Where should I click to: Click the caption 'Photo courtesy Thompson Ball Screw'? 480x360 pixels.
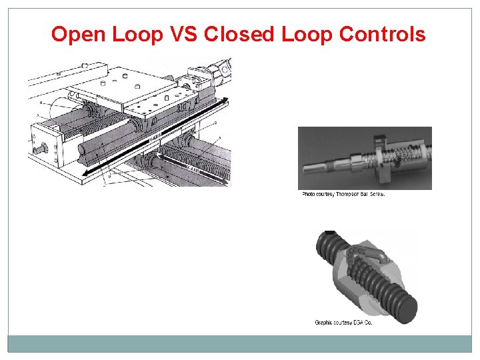pyautogui.click(x=343, y=195)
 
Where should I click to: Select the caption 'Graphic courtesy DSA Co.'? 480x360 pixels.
pyautogui.click(x=343, y=323)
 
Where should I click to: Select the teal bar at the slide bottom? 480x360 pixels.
pyautogui.click(x=240, y=343)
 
